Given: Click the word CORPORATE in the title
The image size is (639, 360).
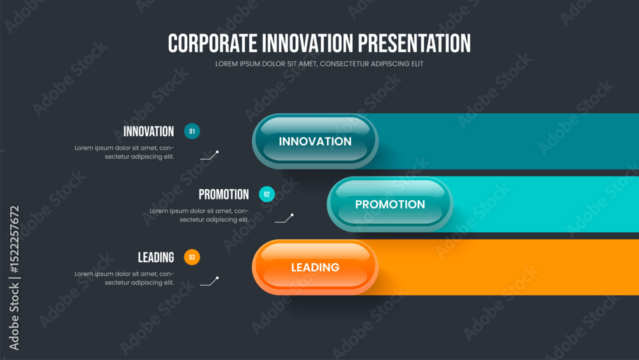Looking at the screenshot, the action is point(212,43).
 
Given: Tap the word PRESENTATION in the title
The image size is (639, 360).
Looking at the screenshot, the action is point(414,43).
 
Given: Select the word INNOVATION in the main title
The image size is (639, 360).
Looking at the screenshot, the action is point(307,43).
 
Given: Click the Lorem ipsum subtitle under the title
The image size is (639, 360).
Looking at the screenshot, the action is point(319,63).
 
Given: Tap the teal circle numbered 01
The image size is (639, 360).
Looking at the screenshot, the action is point(192,131).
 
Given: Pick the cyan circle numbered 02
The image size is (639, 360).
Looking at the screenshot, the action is point(267,194).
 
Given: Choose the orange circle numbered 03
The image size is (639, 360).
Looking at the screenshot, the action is point(192,257).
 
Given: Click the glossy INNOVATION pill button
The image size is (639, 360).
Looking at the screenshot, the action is point(315,141).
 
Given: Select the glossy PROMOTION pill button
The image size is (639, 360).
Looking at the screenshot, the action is point(390,204).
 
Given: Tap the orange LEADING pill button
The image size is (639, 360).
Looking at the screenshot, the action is point(315,267).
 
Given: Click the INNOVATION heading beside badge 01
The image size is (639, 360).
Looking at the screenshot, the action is point(149,132).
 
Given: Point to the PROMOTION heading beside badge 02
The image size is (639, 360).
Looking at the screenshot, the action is point(224,194).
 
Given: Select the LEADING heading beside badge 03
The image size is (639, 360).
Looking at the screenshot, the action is point(156,258).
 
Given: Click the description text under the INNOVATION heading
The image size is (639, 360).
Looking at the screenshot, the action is point(125,152).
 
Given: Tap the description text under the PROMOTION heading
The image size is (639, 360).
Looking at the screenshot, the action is point(199,215).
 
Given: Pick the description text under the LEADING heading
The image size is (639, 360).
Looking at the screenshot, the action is point(125,278).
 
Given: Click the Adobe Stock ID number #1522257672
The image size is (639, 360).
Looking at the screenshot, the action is point(14,239).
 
